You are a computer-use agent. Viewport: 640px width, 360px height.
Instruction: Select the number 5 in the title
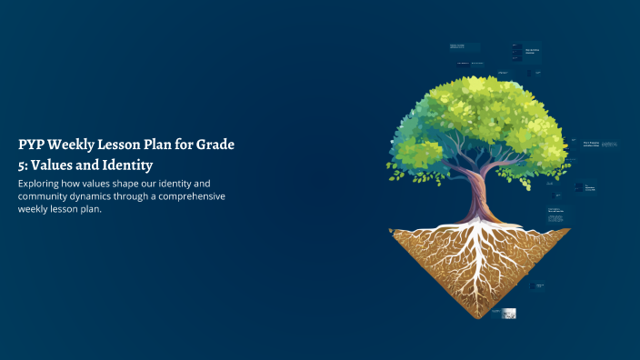click(21, 165)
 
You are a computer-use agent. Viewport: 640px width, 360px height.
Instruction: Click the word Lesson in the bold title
click(130, 144)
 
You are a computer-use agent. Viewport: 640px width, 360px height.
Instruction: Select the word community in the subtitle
click(46, 196)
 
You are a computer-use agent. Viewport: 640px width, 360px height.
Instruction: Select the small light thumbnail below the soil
click(509, 313)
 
